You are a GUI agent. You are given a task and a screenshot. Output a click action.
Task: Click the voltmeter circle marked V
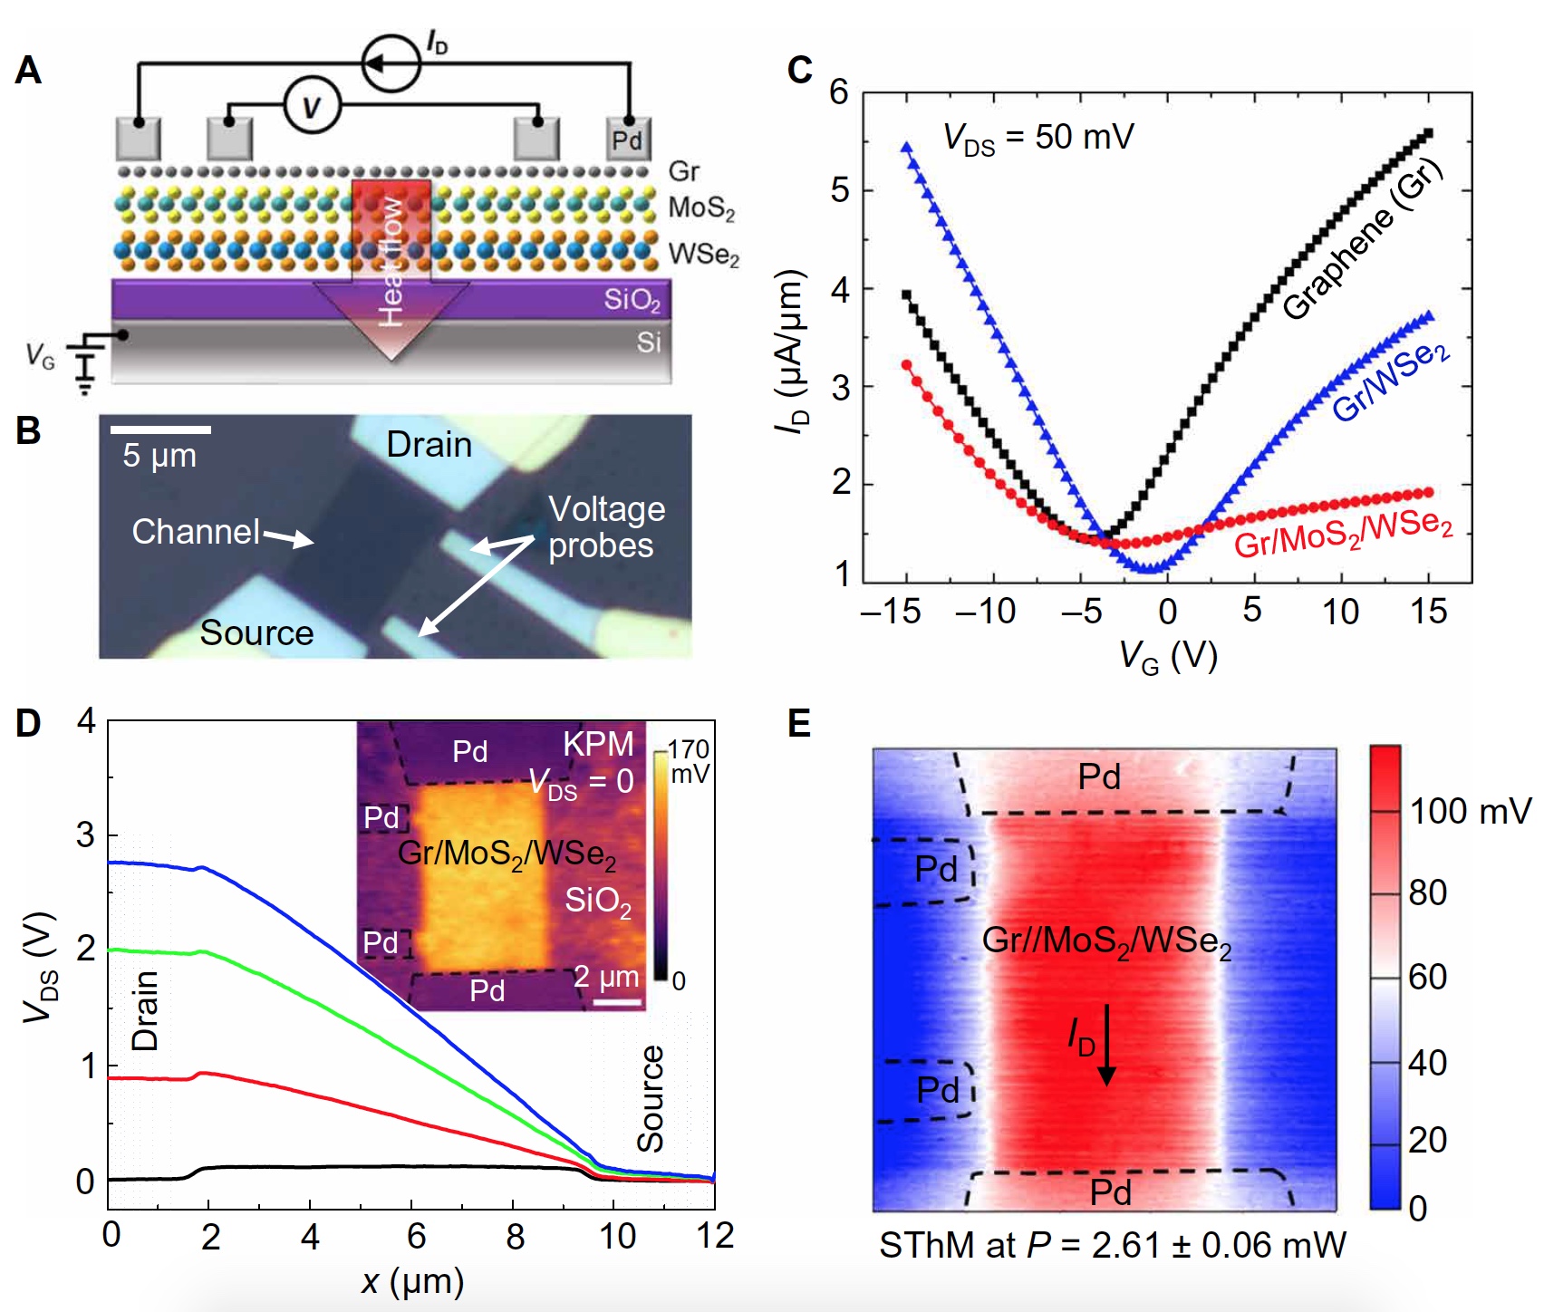coord(312,107)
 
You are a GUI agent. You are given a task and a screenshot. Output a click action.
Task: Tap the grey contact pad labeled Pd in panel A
coord(627,140)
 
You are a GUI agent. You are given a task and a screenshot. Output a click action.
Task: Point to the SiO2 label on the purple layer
coord(632,300)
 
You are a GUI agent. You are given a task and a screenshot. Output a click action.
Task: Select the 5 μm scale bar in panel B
coord(160,429)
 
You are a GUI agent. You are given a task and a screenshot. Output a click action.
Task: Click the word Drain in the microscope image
coord(429,445)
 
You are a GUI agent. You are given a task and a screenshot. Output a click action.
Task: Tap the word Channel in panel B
coord(196,532)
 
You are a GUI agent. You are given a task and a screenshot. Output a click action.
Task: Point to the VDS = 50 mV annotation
coord(1037,138)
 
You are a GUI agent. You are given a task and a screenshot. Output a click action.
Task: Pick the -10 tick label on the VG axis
coord(986,612)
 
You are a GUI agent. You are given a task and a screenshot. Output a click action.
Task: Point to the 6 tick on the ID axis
coord(839,92)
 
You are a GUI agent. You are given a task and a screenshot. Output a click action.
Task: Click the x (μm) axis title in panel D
coord(412,1281)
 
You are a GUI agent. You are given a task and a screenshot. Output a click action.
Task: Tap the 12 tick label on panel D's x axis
coord(715,1236)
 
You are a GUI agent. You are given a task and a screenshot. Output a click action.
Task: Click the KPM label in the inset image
coord(598,744)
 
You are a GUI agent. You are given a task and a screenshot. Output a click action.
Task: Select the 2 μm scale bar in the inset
coord(618,1002)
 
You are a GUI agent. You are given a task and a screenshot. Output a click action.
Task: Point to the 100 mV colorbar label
coord(1469,811)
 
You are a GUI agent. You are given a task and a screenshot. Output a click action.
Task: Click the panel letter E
coord(799,724)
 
